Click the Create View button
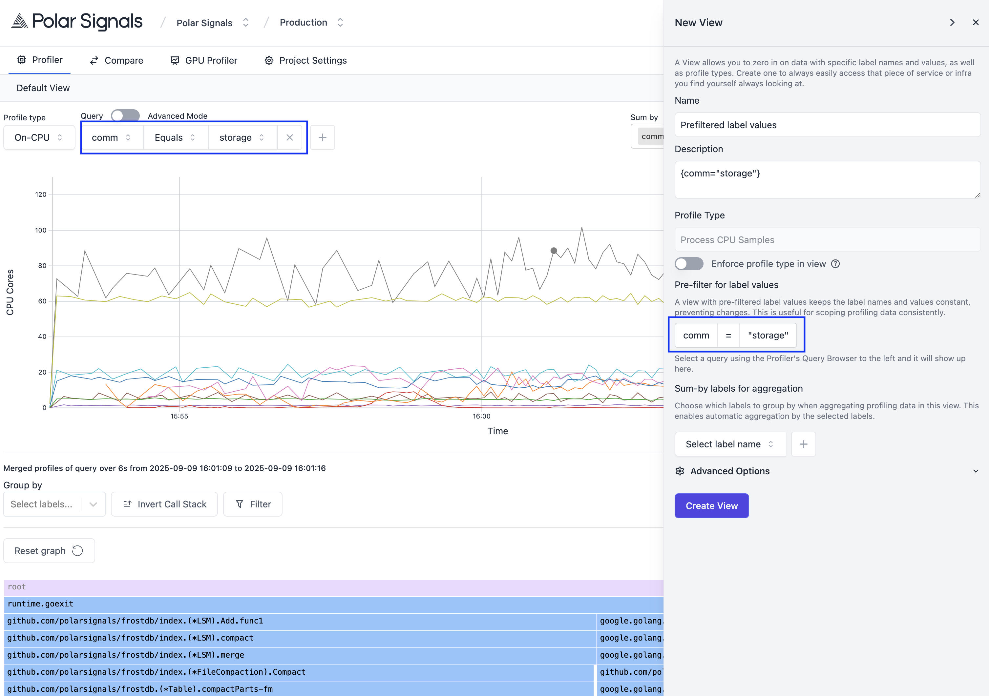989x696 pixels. pyautogui.click(x=711, y=506)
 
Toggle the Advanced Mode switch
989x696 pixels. pyautogui.click(x=125, y=116)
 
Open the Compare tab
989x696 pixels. pyautogui.click(x=116, y=60)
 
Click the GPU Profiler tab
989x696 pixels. pyautogui.click(x=204, y=60)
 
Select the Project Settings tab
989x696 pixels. pyautogui.click(x=305, y=60)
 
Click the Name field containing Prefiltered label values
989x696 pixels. pyautogui.click(x=827, y=125)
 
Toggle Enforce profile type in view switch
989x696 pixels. pyautogui.click(x=689, y=264)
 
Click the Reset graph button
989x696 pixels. pyautogui.click(x=49, y=551)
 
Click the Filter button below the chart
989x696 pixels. pyautogui.click(x=253, y=504)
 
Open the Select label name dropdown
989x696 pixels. pyautogui.click(x=730, y=444)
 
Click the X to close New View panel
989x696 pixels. pyautogui.click(x=976, y=22)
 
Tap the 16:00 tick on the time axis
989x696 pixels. pyautogui.click(x=482, y=416)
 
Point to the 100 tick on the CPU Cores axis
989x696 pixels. pyautogui.click(x=41, y=231)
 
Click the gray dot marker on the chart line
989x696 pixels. pyautogui.click(x=554, y=251)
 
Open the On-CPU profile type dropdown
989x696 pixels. pyautogui.click(x=39, y=137)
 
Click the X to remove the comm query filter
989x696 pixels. pyautogui.click(x=289, y=137)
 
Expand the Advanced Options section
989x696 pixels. pyautogui.click(x=827, y=471)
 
